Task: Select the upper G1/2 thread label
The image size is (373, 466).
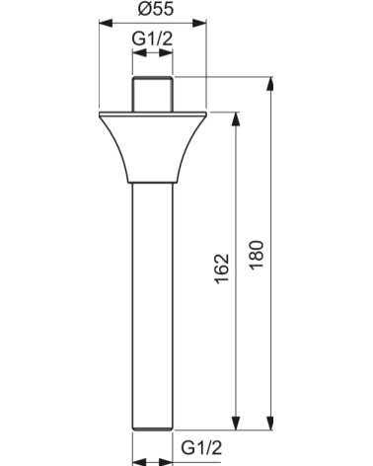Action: [151, 40]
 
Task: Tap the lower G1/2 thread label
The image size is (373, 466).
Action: [200, 447]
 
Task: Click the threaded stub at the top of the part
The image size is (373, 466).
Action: [152, 95]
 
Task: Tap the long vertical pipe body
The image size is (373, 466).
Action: [152, 296]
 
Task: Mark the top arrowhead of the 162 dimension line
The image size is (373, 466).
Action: [236, 118]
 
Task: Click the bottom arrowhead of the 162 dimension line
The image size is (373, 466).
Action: [236, 422]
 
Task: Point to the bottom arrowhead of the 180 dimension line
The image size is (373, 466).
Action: [271, 422]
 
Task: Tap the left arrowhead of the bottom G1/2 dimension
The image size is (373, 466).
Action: [137, 460]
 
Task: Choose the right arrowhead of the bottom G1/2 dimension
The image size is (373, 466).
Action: [167, 460]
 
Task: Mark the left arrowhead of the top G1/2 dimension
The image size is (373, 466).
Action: [136, 55]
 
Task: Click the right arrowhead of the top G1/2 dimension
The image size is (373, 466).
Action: [168, 55]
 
